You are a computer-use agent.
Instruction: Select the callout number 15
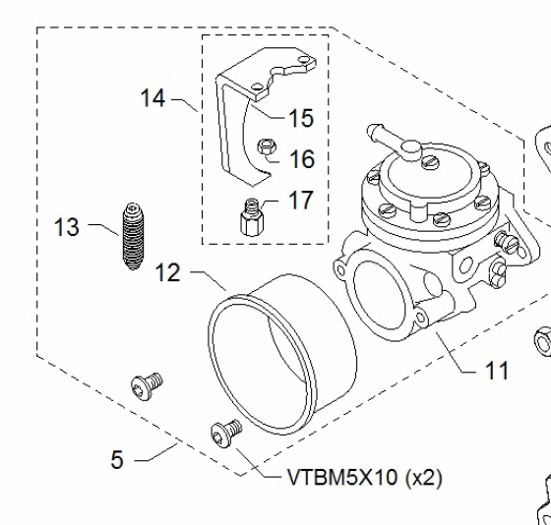coord(300,118)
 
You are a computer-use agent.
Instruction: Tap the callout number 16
coord(301,158)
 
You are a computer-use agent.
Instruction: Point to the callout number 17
coord(300,201)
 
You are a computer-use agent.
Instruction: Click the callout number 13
coord(67,228)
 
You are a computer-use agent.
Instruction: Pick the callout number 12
coord(167,272)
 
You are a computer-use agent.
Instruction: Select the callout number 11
coord(498,372)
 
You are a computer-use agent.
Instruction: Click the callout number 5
coord(117,459)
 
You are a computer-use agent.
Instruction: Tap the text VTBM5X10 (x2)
coord(365,479)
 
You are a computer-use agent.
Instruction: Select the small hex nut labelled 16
coord(265,149)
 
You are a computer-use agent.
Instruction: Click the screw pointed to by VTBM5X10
coord(225,431)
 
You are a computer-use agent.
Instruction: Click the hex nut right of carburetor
coord(541,342)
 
